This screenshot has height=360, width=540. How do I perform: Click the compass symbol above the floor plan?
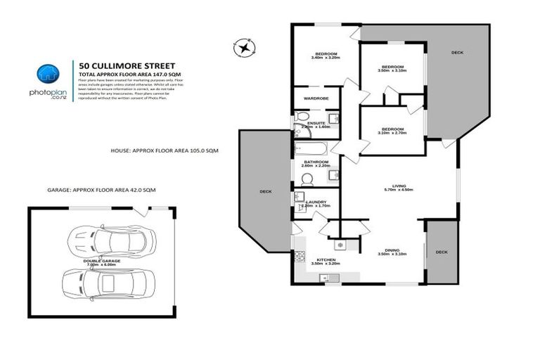(x=243, y=47)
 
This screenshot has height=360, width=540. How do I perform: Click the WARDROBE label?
(x=316, y=98)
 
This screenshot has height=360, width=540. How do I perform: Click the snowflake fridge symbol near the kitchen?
(x=340, y=244)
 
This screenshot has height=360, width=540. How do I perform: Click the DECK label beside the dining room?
(x=441, y=252)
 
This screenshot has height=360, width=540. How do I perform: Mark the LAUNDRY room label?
(x=316, y=202)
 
